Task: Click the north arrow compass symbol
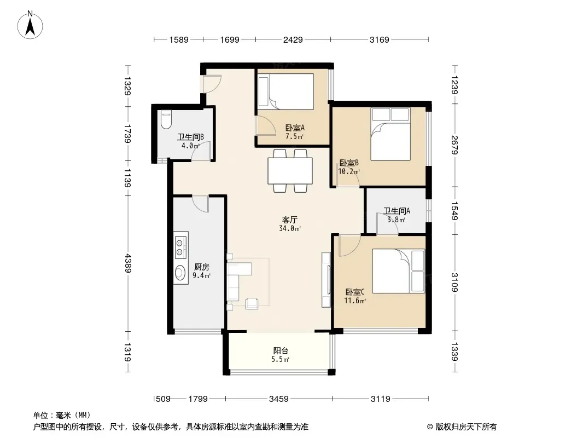click(30, 25)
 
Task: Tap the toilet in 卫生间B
click(166, 120)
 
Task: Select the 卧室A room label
click(295, 128)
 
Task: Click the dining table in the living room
click(290, 171)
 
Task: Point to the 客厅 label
click(290, 220)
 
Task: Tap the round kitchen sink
click(180, 273)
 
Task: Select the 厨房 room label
click(201, 267)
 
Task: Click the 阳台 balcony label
click(281, 350)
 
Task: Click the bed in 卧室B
click(390, 134)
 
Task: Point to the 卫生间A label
click(397, 211)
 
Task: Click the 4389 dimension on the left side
click(128, 263)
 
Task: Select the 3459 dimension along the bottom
click(279, 399)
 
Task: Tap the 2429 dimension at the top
click(293, 39)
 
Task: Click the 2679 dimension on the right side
click(454, 145)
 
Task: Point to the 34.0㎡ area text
click(290, 228)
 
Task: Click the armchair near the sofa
click(252, 303)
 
